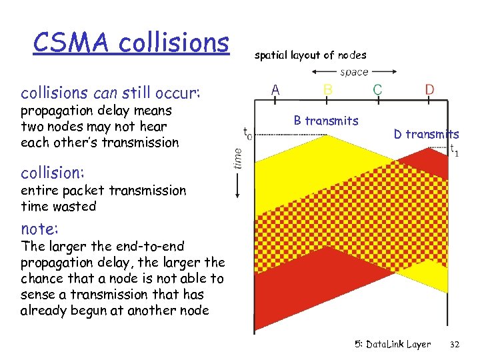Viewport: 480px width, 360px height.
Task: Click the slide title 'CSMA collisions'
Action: pyautogui.click(x=131, y=43)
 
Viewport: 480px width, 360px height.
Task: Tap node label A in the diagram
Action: pyautogui.click(x=274, y=89)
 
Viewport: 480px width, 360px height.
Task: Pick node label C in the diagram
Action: pyautogui.click(x=377, y=89)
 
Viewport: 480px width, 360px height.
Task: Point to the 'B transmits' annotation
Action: pyautogui.click(x=326, y=121)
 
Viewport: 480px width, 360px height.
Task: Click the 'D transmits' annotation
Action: pyautogui.click(x=426, y=134)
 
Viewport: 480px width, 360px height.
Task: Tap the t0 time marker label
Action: pyautogui.click(x=247, y=133)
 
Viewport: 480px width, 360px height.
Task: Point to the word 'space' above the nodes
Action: pyautogui.click(x=353, y=72)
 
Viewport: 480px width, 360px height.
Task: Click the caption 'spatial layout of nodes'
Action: pyautogui.click(x=311, y=55)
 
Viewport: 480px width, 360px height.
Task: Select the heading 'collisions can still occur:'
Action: pyautogui.click(x=110, y=91)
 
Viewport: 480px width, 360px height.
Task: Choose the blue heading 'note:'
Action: pyautogui.click(x=40, y=229)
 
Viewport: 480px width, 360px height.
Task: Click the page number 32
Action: pyautogui.click(x=455, y=345)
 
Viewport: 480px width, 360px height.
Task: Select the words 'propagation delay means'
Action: pyautogui.click(x=96, y=111)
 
